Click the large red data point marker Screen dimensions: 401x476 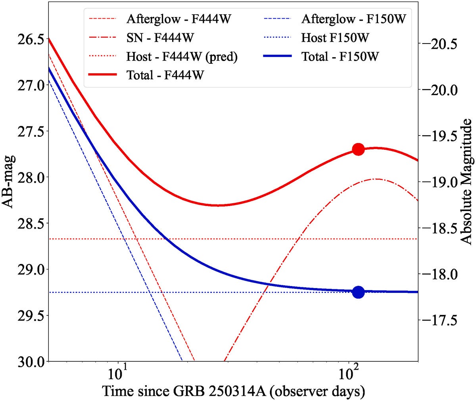tap(358, 149)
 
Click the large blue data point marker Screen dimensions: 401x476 tap(358, 292)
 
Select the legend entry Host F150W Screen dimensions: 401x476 tap(335, 38)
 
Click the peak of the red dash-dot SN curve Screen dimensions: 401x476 tap(376, 179)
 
